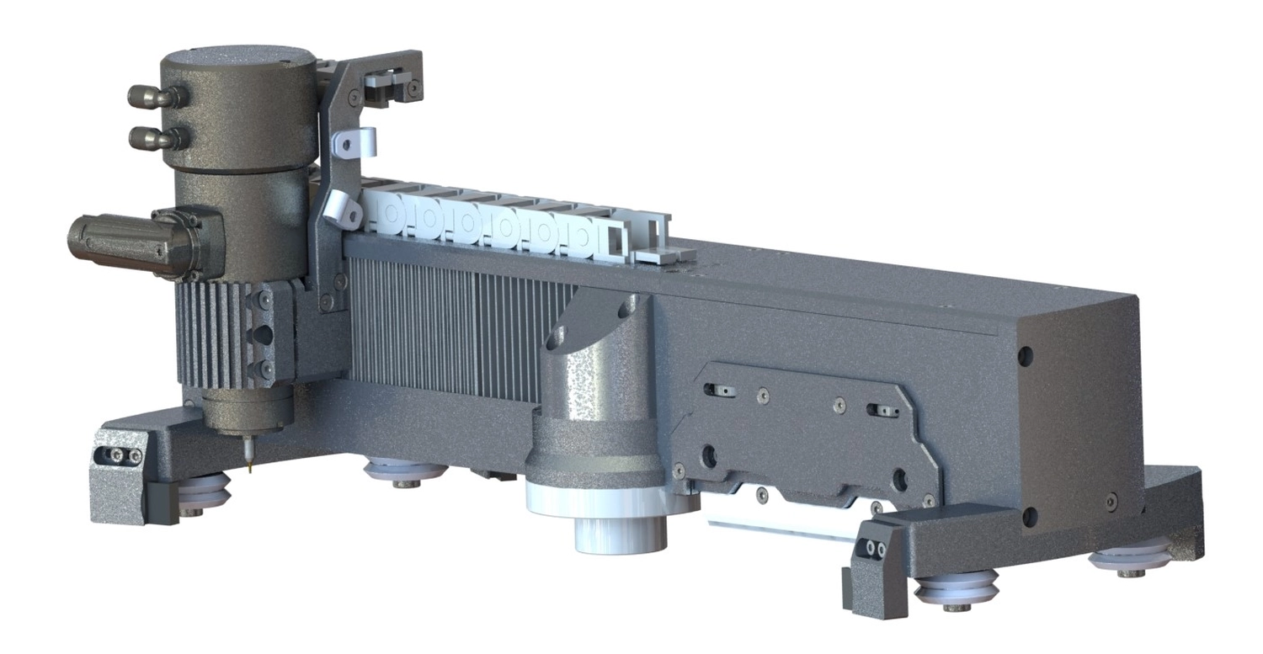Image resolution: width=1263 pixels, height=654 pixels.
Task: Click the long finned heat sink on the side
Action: tap(455, 332)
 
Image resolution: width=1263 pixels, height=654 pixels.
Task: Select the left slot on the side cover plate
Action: tap(721, 390)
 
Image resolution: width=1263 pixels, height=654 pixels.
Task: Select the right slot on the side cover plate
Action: tap(882, 411)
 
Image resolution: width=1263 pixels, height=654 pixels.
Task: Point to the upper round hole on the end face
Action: tap(1025, 356)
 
